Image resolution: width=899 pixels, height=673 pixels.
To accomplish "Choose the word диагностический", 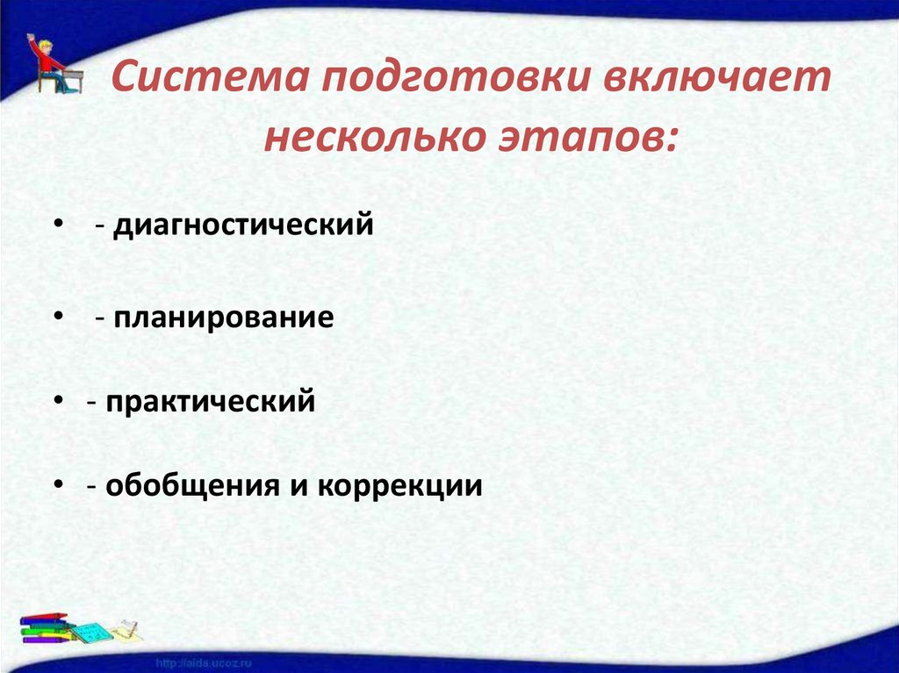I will tap(242, 226).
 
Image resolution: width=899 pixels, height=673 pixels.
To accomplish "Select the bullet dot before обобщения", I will tap(57, 485).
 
